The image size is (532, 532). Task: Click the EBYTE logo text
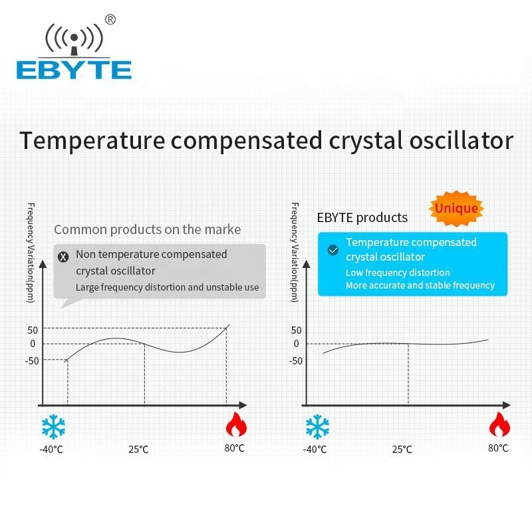pos(74,70)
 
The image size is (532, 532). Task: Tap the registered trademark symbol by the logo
pos(110,20)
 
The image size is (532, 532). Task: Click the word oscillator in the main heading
pos(462,140)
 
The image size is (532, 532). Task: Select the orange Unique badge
pos(456,208)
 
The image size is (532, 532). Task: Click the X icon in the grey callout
pos(63,257)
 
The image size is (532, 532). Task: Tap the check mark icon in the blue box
pos(333,250)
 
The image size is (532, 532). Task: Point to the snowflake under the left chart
pos(53,426)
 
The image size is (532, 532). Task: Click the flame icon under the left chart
pos(236,425)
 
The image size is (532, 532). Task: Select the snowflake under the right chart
pos(317,426)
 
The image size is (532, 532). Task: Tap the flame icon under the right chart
pos(499,425)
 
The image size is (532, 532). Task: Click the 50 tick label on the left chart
pos(33,330)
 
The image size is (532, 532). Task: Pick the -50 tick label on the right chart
pos(295,360)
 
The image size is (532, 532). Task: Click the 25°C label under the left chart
pos(138,450)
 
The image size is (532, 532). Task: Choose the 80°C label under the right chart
pos(498,448)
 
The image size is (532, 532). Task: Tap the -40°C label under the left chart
pos(51,450)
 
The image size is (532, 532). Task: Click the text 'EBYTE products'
pos(362,217)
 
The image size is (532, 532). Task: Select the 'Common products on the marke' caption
pos(147,229)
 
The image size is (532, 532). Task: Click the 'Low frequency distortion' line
pos(398,273)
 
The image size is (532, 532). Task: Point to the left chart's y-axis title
pos(31,253)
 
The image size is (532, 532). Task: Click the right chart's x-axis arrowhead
pos(507,405)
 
